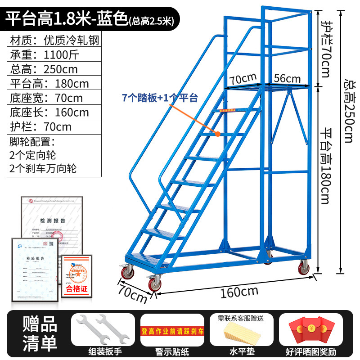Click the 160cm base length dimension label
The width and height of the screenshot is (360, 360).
pos(239,292)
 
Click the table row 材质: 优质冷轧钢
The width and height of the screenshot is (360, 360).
pos(54,40)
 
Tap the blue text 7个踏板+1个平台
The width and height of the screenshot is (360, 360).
pos(160,97)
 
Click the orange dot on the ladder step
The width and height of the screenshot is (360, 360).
pos(217,134)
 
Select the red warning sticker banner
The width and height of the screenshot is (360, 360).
pos(173,332)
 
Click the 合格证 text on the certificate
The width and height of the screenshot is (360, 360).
pos(76,288)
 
